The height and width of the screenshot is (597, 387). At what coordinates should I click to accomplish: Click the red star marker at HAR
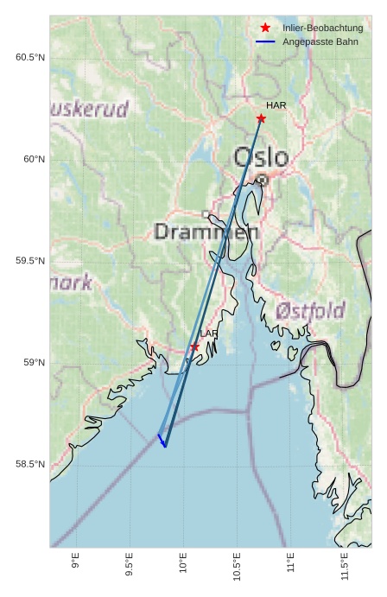click(x=261, y=118)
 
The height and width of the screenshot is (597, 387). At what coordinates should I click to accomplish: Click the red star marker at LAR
click(x=195, y=346)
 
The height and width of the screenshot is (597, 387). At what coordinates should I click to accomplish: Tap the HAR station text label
click(x=276, y=105)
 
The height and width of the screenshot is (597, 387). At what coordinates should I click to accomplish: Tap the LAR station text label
click(x=209, y=333)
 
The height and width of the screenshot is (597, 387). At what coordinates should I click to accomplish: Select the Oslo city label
click(x=261, y=157)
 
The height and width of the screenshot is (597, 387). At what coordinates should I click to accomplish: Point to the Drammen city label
click(x=206, y=232)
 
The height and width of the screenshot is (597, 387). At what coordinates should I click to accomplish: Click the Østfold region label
click(x=310, y=311)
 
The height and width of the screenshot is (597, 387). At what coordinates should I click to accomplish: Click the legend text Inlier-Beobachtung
click(x=322, y=28)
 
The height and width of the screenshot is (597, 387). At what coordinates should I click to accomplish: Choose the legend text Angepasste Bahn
click(x=320, y=41)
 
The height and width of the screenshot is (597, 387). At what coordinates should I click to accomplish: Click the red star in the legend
click(x=265, y=28)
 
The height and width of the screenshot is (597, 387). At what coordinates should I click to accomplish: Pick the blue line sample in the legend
click(x=265, y=41)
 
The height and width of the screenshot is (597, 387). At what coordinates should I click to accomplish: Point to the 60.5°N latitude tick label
click(x=29, y=58)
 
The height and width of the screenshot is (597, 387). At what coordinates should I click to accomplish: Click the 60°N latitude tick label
click(x=34, y=159)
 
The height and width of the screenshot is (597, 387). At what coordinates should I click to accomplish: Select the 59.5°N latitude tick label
click(x=29, y=261)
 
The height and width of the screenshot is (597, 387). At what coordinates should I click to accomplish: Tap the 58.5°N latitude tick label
click(x=29, y=465)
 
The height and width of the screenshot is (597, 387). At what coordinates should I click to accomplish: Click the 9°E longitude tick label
click(x=76, y=561)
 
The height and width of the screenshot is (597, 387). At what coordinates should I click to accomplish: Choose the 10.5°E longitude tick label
click(x=236, y=566)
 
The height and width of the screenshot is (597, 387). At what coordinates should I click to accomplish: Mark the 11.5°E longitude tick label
click(x=344, y=566)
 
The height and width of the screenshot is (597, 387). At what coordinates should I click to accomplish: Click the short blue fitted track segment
click(x=162, y=441)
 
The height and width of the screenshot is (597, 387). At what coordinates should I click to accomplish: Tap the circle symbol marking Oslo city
click(x=262, y=180)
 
